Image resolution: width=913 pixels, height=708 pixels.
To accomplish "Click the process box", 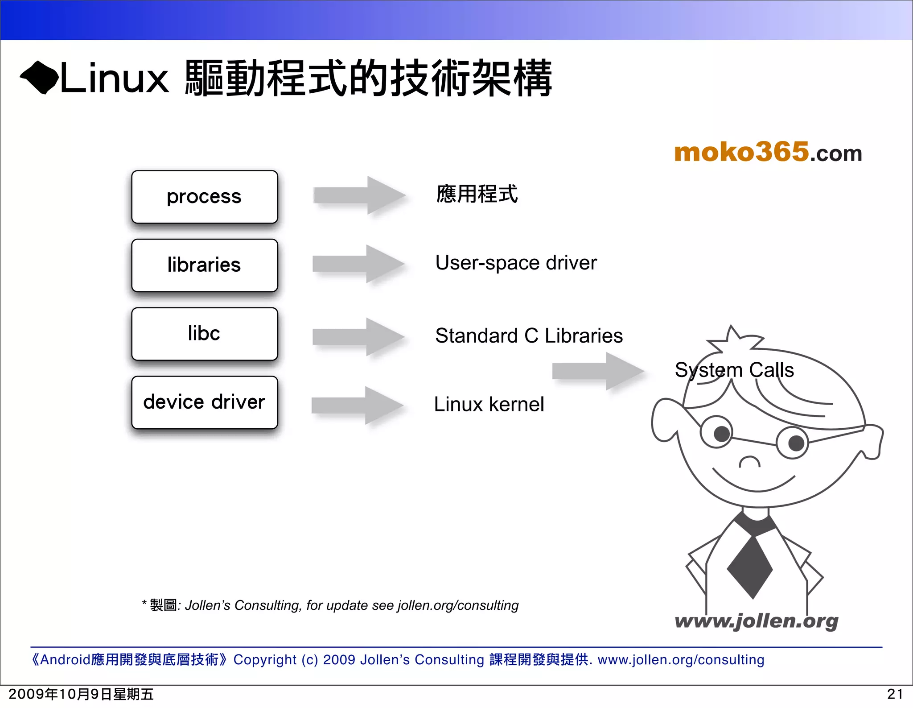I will [205, 197].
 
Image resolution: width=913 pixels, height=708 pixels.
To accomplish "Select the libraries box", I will [205, 265].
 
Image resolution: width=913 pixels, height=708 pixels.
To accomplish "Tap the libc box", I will [205, 334].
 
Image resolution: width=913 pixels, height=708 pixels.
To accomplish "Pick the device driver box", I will [205, 402].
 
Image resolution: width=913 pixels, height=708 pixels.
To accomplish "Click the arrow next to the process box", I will [359, 195].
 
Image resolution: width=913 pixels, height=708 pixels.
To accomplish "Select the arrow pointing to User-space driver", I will [358, 264].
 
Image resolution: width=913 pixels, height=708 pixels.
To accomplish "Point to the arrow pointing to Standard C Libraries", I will [358, 337].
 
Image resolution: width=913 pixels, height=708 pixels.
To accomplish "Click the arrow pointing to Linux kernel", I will [358, 406].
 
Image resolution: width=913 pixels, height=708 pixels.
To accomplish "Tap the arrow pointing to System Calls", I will [598, 371].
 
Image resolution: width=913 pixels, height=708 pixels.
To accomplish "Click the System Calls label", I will [734, 370].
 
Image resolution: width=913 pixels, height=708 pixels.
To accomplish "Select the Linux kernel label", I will [489, 405].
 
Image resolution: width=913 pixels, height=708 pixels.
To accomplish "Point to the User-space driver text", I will [516, 263].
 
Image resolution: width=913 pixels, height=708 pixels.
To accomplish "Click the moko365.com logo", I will [768, 152].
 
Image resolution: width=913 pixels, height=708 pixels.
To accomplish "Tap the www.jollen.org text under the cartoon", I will [756, 621].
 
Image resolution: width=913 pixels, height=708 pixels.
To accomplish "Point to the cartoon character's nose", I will [750, 462].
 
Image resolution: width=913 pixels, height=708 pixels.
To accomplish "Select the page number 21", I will [895, 694].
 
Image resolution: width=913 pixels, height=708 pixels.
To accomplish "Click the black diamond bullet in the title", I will [39, 78].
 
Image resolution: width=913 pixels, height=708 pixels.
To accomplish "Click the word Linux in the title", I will [114, 79].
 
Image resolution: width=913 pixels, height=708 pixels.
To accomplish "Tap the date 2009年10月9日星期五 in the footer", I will [81, 694].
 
